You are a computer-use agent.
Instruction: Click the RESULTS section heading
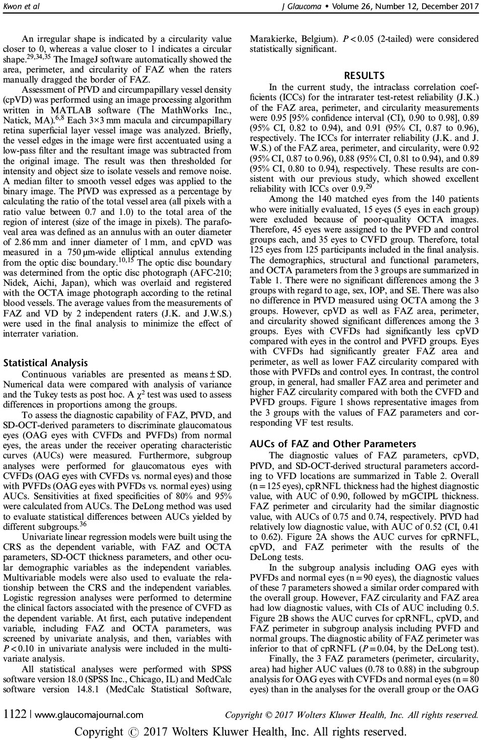pyautogui.click(x=364, y=75)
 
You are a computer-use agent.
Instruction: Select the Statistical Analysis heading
pyautogui.click(x=45, y=363)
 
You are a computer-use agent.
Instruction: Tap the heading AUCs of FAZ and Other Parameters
pyautogui.click(x=333, y=444)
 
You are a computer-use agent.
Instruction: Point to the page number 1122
pyautogui.click(x=15, y=714)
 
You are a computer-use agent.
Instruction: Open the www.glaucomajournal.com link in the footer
pyautogui.click(x=89, y=714)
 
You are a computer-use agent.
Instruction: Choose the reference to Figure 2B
pyautogui.click(x=269, y=618)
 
